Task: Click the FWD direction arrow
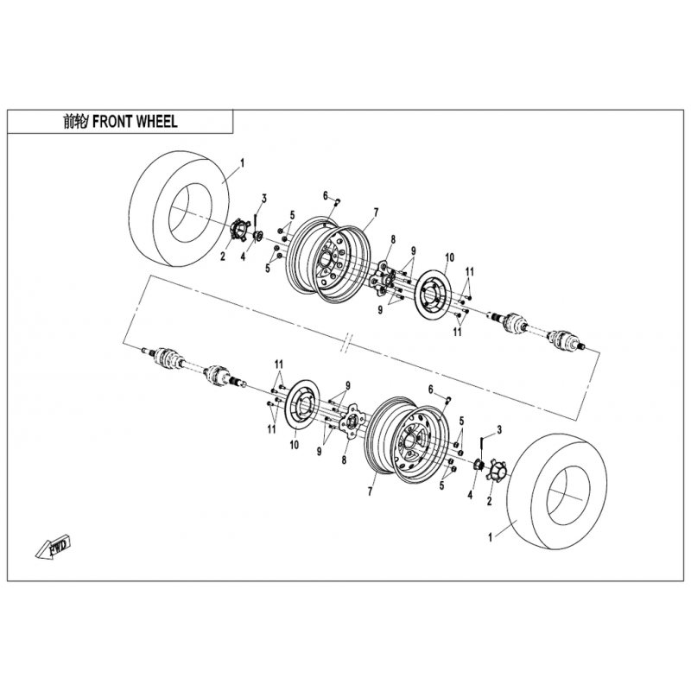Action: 54,548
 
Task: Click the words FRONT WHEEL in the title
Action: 136,122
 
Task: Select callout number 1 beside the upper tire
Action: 242,164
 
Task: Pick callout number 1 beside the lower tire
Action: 490,537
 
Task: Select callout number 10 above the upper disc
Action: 449,257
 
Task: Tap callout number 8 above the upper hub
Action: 393,239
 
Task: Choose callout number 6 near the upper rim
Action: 326,196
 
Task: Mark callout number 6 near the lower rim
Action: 430,390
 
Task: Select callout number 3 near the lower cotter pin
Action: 499,429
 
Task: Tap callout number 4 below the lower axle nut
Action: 470,495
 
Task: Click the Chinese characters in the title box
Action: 73,122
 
